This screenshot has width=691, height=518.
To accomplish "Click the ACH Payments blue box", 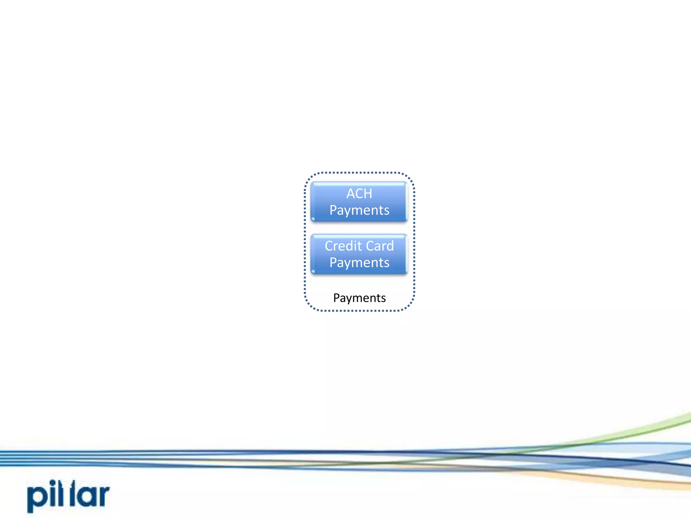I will click(x=359, y=202).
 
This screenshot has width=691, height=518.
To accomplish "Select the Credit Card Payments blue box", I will click(x=359, y=254).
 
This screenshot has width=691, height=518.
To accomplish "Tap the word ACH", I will click(x=359, y=194).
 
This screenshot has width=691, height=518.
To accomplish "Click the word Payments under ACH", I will click(x=359, y=210).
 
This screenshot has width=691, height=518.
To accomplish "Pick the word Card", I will click(x=380, y=246).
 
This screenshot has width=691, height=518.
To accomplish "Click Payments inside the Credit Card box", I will click(x=359, y=263).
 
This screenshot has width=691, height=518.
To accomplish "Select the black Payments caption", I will click(x=359, y=298).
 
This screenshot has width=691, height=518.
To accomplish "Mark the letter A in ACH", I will click(x=351, y=194).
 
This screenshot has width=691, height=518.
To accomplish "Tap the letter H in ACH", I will click(x=368, y=194).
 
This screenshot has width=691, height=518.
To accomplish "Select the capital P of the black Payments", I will click(x=336, y=298).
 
